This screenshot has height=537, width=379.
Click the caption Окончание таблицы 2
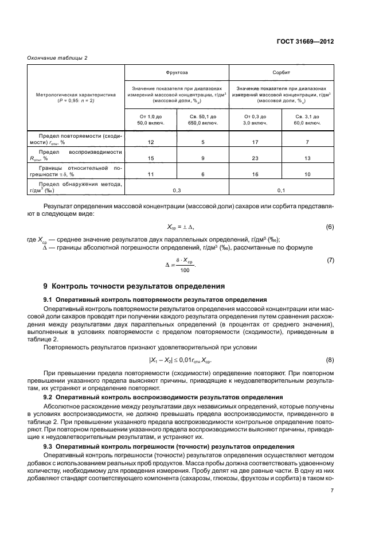[57, 59]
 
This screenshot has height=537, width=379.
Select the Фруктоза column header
[177, 73]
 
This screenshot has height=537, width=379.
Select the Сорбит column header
[281, 73]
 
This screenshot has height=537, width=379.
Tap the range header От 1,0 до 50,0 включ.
[150, 120]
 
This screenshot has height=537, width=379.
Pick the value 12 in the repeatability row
[151, 141]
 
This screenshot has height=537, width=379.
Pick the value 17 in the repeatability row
[255, 141]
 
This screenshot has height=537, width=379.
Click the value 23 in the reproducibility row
[255, 157]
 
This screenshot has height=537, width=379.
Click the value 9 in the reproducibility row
[203, 157]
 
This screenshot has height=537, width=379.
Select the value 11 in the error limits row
[151, 173]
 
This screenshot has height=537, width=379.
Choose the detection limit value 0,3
[177, 189]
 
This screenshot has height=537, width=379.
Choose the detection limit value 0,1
[281, 189]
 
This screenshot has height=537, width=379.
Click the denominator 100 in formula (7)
[184, 270]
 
